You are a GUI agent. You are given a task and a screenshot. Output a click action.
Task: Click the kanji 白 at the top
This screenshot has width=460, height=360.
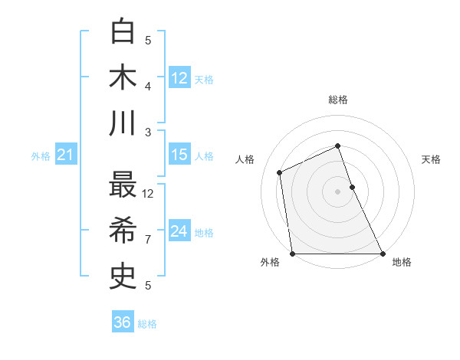124,31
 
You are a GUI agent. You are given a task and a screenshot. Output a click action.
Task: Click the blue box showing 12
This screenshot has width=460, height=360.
179,78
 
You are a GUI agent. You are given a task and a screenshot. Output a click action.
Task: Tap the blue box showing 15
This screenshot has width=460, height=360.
179,155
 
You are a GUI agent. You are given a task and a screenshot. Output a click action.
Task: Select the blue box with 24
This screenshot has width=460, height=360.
179,231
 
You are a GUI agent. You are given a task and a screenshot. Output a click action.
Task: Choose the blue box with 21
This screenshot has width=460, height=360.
66,155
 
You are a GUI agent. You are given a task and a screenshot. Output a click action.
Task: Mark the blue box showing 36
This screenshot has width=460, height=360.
123,322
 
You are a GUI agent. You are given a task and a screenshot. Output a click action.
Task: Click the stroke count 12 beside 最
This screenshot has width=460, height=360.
148,193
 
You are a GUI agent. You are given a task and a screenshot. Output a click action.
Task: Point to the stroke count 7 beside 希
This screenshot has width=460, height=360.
148,239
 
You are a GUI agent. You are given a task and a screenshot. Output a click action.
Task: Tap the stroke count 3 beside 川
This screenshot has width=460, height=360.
148,132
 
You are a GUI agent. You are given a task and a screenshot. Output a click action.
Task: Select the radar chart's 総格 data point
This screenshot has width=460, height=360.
337,146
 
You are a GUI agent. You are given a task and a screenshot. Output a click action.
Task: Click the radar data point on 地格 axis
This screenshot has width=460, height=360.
382,253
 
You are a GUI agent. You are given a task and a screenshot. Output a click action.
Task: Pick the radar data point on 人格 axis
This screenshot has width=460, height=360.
280,172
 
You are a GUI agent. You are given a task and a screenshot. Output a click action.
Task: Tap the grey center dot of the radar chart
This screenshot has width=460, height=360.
337,191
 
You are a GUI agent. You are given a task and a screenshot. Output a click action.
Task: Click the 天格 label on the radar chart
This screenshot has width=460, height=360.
431,159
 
